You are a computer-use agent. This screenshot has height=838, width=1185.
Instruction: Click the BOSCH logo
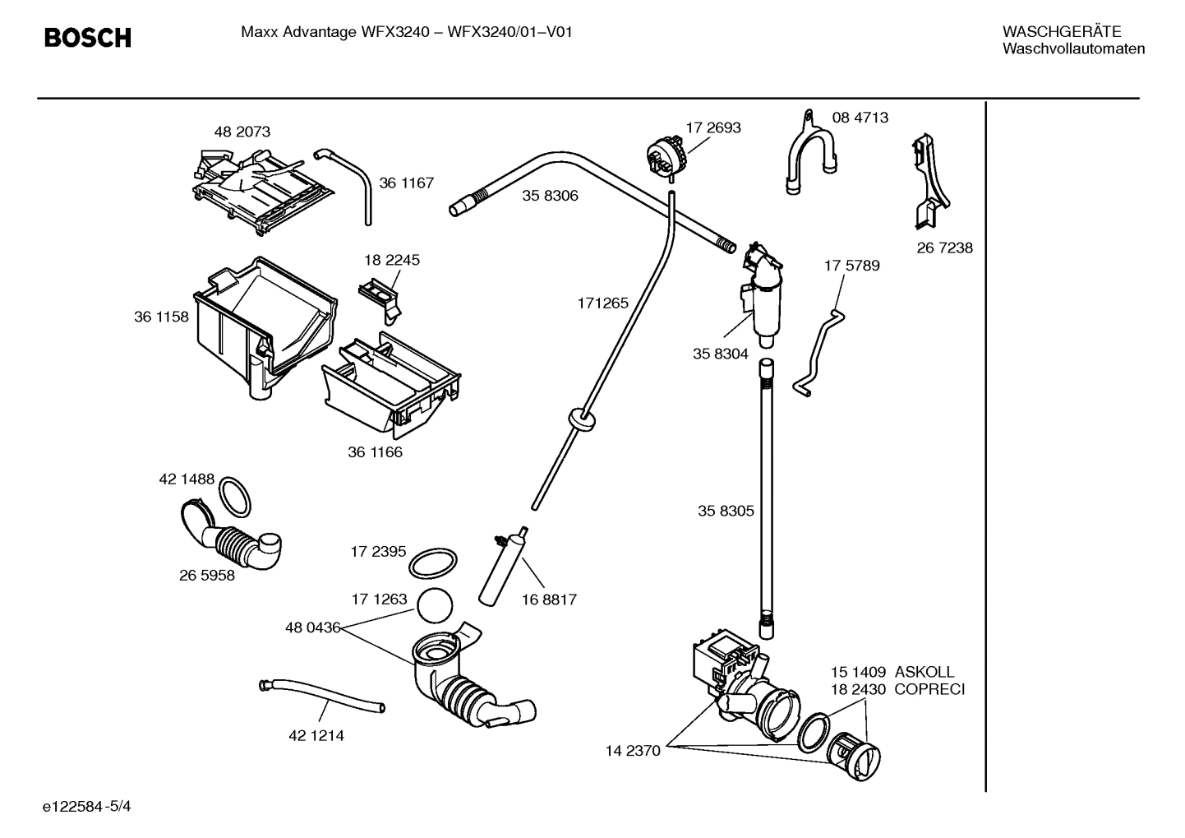coord(87,38)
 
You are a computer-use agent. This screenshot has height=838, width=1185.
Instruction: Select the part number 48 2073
coord(242,132)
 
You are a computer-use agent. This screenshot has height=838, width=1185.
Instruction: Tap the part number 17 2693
coord(713,127)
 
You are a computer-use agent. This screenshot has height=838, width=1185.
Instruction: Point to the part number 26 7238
coord(944,248)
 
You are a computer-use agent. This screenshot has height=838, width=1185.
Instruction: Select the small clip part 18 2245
coord(380,294)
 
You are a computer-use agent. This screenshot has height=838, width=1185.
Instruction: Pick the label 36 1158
coord(161,317)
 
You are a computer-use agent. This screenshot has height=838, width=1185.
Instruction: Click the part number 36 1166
coord(375,451)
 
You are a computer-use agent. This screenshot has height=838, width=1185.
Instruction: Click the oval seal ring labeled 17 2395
coord(432,565)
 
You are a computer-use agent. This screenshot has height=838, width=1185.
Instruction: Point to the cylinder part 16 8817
coord(502,567)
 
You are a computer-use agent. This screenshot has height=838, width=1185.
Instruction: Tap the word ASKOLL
coord(924,672)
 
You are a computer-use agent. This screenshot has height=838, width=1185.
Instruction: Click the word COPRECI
coord(929,689)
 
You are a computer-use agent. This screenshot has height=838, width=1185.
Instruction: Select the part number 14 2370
coord(633,750)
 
